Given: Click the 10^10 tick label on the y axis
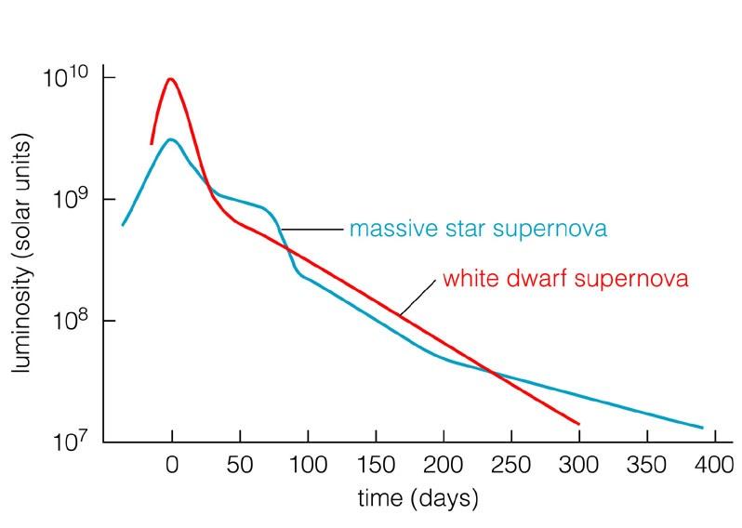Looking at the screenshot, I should tap(68, 77).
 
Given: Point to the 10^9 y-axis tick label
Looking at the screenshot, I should tap(71, 198).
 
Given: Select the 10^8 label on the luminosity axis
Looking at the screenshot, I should tap(71, 319).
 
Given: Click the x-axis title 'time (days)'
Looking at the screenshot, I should tap(417, 499).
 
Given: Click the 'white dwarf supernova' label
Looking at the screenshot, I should tap(565, 279).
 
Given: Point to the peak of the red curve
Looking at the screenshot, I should tap(171, 79).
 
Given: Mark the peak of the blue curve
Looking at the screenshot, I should tap(171, 140).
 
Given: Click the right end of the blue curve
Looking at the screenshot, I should tap(702, 429).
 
